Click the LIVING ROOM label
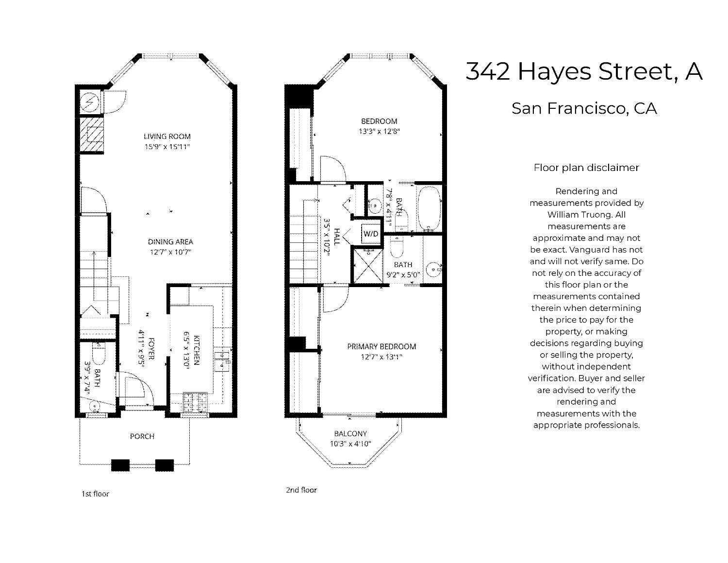pyautogui.click(x=167, y=136)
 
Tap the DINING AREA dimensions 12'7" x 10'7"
pyautogui.click(x=170, y=252)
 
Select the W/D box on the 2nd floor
pyautogui.click(x=371, y=234)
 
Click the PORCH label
pyautogui.click(x=142, y=436)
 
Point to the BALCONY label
pyautogui.click(x=350, y=433)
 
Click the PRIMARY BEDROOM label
pyautogui.click(x=381, y=346)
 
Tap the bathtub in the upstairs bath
pyautogui.click(x=429, y=208)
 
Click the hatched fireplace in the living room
pyautogui.click(x=92, y=134)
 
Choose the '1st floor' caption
pyautogui.click(x=95, y=494)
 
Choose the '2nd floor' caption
pyautogui.click(x=301, y=490)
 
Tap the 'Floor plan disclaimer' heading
pyautogui.click(x=586, y=168)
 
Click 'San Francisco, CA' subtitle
pyautogui.click(x=584, y=108)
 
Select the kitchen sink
pyautogui.click(x=225, y=359)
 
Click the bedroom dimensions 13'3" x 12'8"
pyautogui.click(x=379, y=131)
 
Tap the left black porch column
pyautogui.click(x=120, y=465)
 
